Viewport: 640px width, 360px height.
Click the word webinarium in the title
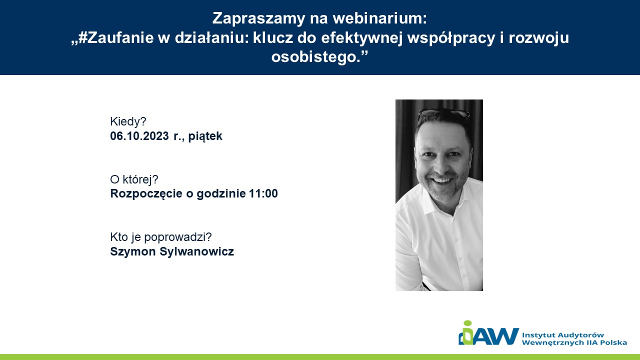point(379,18)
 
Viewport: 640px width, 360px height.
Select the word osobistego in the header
point(314,56)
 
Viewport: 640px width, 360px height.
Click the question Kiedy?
point(128,121)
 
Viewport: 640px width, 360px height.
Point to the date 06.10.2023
point(139,136)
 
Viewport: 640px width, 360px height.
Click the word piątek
point(205,136)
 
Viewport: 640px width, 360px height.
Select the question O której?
point(134,179)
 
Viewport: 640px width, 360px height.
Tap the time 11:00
point(263,193)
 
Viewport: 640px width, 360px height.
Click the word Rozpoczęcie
point(146,194)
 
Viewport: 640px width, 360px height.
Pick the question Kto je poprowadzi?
point(161,237)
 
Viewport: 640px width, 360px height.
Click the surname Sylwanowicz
point(197,251)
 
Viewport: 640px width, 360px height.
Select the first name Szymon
point(133,251)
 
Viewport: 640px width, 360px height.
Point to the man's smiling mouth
point(441,180)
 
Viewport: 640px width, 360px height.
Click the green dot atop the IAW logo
point(467,323)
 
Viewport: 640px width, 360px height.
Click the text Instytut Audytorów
point(563,335)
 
